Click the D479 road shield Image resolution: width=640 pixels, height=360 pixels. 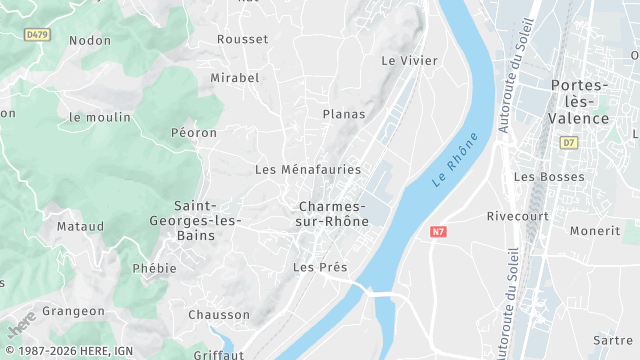click(37, 34)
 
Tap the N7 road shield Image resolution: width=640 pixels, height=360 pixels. click(438, 232)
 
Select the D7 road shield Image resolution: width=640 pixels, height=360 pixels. click(569, 143)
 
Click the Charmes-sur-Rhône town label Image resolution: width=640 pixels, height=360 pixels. click(333, 214)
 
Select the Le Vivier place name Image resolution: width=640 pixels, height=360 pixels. click(410, 61)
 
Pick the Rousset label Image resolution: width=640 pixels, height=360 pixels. click(243, 39)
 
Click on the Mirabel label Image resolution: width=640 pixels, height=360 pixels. click(235, 78)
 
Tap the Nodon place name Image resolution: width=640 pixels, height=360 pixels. click(90, 40)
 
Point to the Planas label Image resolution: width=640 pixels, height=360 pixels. click(344, 114)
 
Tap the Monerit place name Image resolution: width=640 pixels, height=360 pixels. click(595, 231)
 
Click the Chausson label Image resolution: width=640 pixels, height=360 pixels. click(219, 315)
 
